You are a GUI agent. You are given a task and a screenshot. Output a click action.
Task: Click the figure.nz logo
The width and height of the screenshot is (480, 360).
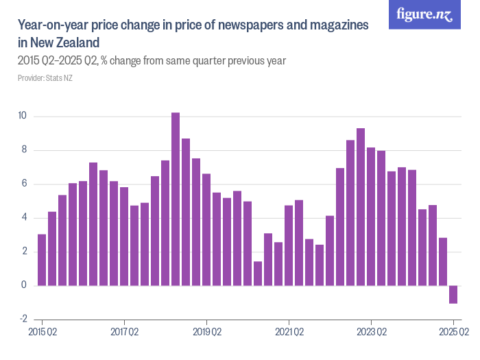tap(424, 14)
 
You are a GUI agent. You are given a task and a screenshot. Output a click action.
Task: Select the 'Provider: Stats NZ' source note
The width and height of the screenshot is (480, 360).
tap(45, 78)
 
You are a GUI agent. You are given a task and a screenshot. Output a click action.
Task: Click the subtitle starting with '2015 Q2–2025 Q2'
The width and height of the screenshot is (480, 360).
tap(152, 61)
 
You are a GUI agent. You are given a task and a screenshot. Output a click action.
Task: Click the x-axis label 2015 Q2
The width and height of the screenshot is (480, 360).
tap(42, 332)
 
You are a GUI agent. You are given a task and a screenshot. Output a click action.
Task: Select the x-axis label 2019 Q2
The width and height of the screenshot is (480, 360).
tap(206, 332)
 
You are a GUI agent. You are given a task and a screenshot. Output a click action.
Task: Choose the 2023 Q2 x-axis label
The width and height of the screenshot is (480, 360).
tap(371, 332)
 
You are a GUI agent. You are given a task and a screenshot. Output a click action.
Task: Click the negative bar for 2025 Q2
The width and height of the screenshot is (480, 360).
tap(453, 294)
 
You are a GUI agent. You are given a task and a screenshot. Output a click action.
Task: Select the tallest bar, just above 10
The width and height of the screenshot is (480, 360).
tap(176, 199)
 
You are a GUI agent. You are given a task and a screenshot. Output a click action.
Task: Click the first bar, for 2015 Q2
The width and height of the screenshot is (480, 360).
tap(42, 260)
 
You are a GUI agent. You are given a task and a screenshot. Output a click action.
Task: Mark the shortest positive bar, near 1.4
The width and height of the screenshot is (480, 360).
tap(258, 273)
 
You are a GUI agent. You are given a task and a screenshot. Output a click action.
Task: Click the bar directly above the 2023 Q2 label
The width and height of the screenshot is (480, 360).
tap(371, 216)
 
